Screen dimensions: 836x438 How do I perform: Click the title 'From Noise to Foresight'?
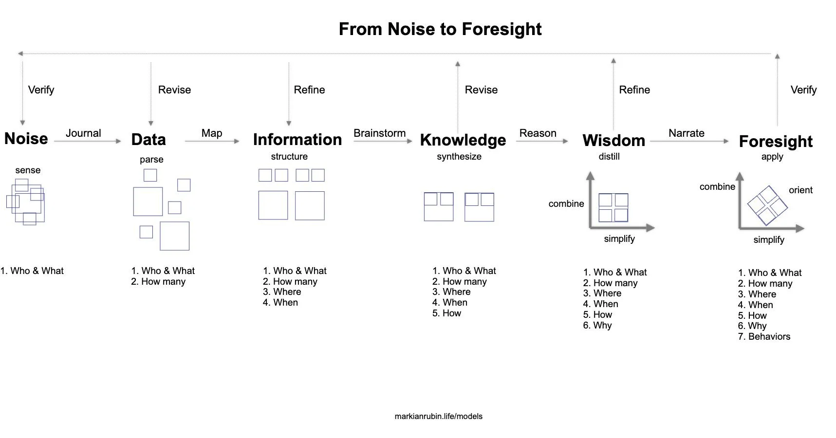pos(440,29)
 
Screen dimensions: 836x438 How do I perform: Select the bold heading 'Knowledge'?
pos(463,140)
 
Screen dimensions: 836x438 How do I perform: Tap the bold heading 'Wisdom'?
pos(613,141)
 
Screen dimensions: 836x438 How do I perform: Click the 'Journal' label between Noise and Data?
pos(83,133)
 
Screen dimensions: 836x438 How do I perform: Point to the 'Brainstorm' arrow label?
pos(379,133)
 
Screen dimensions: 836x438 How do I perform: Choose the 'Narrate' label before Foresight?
pos(686,133)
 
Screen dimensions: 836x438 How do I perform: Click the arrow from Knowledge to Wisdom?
pos(541,141)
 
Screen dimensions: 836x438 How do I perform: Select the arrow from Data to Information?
pos(212,141)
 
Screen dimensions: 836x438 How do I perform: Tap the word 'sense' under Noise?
pos(28,170)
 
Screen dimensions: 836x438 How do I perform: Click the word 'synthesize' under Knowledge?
pos(459,156)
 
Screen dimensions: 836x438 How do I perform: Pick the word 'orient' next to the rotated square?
pos(800,190)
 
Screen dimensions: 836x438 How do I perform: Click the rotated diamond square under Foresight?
pos(767,205)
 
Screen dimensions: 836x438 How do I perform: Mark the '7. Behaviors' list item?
pos(764,336)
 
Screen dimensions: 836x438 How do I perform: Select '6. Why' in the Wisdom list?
pos(597,325)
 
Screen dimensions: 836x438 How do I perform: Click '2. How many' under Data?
pos(158,281)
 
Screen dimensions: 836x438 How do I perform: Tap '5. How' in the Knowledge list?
pos(446,313)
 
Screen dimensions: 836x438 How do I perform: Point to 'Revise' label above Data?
pos(174,90)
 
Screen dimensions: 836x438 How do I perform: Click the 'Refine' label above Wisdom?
pos(634,90)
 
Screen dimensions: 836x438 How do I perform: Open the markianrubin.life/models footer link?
pos(438,416)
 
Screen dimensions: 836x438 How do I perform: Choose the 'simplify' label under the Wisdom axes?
pos(619,238)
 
